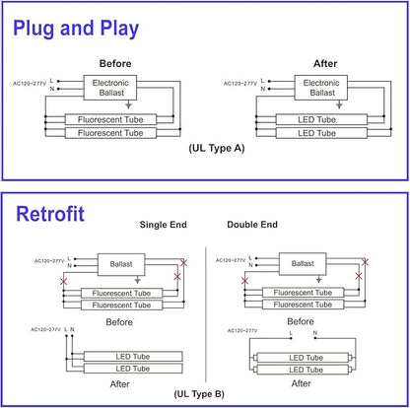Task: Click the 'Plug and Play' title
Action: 76,29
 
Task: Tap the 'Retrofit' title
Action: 50,214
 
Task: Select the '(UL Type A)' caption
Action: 217,148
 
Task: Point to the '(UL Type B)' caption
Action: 199,394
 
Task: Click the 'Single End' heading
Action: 164,225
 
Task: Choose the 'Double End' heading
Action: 252,225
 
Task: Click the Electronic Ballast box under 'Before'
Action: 110,88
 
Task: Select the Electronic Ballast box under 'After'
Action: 321,88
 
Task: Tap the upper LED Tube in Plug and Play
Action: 321,119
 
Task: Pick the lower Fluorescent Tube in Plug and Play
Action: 110,133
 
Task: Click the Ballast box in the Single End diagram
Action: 121,264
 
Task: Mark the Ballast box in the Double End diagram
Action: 303,263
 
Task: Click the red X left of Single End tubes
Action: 64,282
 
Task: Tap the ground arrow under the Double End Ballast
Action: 318,279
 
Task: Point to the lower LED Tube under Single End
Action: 133,369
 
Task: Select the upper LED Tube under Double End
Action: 306,358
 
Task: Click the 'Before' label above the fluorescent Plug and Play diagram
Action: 115,64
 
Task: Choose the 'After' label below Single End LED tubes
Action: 120,384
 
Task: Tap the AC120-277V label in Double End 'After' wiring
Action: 242,330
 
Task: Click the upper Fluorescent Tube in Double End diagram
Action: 303,293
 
